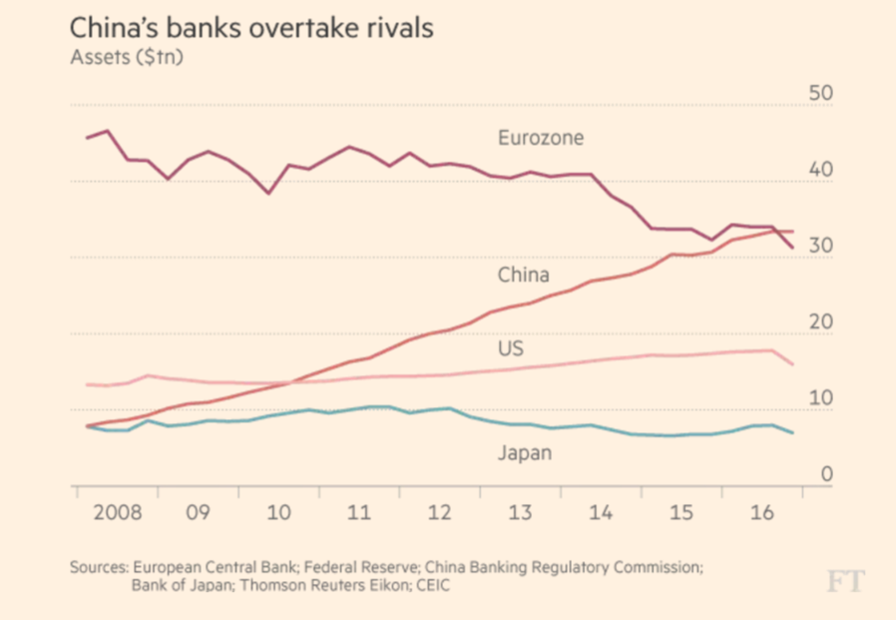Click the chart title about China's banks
pos(251,28)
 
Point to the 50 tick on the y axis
pos(819,94)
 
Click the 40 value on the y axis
pos(819,171)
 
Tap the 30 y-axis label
pos(819,247)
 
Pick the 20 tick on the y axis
pos(819,322)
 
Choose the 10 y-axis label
pos(819,398)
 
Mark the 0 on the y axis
pos(825,474)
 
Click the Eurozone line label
pos(541,138)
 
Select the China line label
pos(523,275)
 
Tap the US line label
pos(511,348)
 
